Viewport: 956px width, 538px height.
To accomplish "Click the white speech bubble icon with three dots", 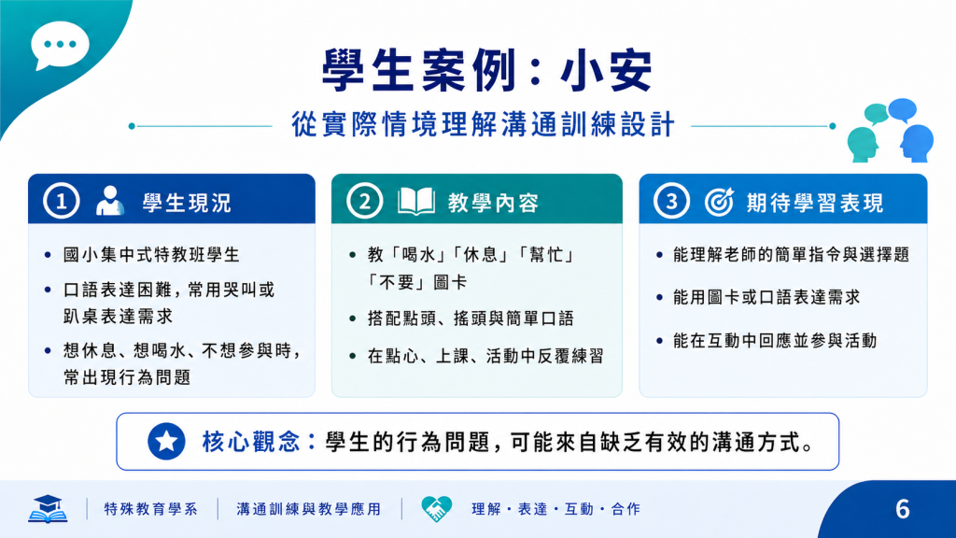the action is tap(60, 45).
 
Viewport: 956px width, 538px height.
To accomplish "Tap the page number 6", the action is tap(903, 509).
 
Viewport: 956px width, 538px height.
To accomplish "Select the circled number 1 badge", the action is tap(61, 201).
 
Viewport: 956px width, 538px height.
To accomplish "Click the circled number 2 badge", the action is tap(365, 201).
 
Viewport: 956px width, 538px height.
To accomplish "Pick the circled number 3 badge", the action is tap(672, 201).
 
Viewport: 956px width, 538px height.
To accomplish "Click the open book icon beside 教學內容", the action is tap(416, 202).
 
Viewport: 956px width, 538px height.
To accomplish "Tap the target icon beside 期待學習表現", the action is tap(720, 202).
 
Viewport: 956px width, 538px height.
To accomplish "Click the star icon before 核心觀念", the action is tap(166, 441).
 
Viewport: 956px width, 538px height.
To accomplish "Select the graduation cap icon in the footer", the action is tap(48, 509).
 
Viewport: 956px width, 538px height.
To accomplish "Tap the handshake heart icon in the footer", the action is tap(437, 509).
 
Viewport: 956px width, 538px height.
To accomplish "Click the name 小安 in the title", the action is tap(607, 71).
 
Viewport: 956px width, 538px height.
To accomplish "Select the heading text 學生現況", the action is tap(187, 203).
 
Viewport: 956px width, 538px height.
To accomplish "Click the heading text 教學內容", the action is tap(493, 203).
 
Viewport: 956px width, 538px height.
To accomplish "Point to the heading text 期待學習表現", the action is tap(815, 203).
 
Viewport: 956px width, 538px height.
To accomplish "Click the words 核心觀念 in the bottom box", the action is tap(251, 442).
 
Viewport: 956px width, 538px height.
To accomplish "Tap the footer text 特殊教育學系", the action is tap(150, 509).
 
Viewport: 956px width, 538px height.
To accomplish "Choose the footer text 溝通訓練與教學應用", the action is tap(308, 509).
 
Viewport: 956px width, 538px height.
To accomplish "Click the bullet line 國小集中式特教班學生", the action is tap(151, 254).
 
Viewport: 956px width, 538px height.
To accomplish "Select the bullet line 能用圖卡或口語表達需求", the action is tap(766, 297).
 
